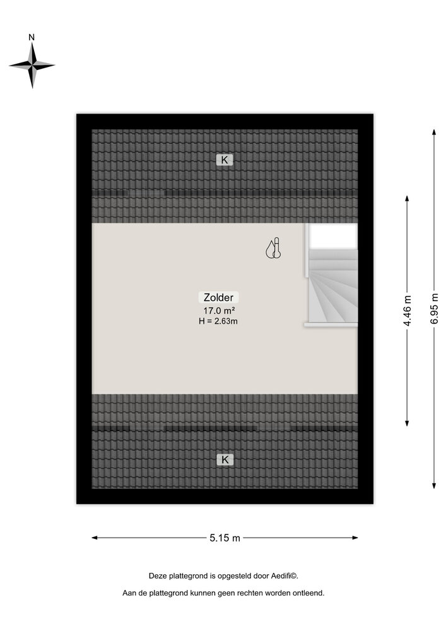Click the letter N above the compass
pyautogui.click(x=32, y=37)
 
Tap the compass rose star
pyautogui.click(x=32, y=65)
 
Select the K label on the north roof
pyautogui.click(x=225, y=160)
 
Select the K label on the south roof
pyautogui.click(x=225, y=459)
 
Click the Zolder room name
pyautogui.click(x=218, y=297)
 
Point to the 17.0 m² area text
pyautogui.click(x=219, y=310)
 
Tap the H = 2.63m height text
pyautogui.click(x=218, y=321)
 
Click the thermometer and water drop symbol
pyautogui.click(x=273, y=248)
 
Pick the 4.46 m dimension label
pyautogui.click(x=408, y=310)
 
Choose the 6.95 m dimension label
pyautogui.click(x=435, y=309)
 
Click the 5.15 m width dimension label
pyautogui.click(x=225, y=538)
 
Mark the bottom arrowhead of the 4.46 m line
pyautogui.click(x=407, y=423)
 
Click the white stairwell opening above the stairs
pyautogui.click(x=333, y=236)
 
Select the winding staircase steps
pyautogui.click(x=333, y=286)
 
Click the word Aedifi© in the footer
pyautogui.click(x=285, y=576)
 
